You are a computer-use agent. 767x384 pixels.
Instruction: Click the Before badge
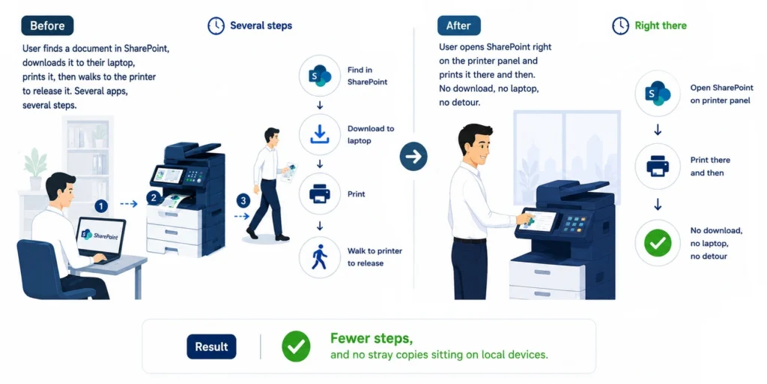(x=47, y=25)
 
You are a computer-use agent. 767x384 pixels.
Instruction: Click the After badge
(x=458, y=25)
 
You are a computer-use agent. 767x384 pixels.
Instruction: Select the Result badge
(x=211, y=346)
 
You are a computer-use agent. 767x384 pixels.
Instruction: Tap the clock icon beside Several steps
(x=216, y=26)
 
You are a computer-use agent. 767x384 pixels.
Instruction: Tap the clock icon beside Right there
(x=620, y=26)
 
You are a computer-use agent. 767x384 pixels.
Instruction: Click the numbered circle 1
(x=101, y=206)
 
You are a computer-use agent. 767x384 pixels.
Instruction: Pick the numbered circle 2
(x=154, y=198)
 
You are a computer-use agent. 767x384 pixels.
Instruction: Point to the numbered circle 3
(x=243, y=200)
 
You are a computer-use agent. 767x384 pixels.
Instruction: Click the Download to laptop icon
(x=319, y=135)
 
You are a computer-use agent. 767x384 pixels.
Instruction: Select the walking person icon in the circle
(x=319, y=257)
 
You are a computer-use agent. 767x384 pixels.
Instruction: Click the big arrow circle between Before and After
(x=413, y=157)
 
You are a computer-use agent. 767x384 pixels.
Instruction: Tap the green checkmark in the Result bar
(x=296, y=346)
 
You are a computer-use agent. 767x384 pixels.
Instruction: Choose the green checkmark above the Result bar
(x=658, y=242)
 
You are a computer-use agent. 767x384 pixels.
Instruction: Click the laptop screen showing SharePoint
(x=100, y=236)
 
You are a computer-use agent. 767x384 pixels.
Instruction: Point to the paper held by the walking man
(x=289, y=172)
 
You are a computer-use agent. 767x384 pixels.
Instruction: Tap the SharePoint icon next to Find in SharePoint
(x=319, y=76)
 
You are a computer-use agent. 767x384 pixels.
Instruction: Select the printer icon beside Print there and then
(x=658, y=166)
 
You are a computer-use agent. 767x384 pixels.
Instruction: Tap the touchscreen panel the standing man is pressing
(x=539, y=220)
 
